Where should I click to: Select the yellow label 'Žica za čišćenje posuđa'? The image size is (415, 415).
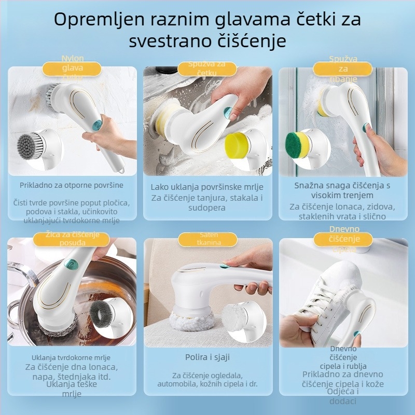point(72,239)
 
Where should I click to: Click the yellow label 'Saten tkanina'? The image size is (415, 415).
point(208,239)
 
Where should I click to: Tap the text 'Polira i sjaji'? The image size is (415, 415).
point(208,357)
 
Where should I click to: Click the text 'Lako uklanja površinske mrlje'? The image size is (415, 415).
point(208,187)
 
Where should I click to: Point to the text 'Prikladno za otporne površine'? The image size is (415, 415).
point(72,185)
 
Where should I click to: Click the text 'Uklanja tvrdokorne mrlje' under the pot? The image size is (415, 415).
point(71,357)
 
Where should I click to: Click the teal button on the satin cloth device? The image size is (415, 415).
point(224,266)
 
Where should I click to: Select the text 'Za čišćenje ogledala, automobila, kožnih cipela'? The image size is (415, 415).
point(208,380)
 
